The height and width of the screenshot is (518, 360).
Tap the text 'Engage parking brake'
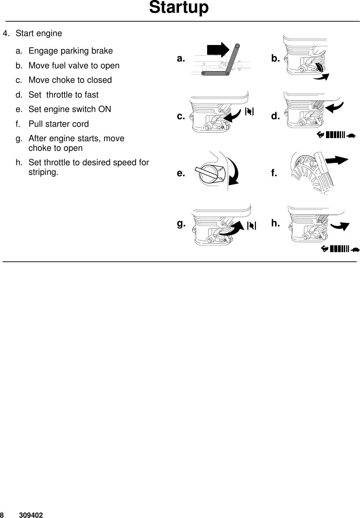click(x=70, y=51)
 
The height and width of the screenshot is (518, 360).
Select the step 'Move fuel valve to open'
click(x=74, y=66)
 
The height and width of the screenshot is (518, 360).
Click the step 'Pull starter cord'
click(x=58, y=124)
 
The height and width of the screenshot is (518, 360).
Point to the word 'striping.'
click(x=43, y=172)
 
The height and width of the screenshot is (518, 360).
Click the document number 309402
click(x=31, y=515)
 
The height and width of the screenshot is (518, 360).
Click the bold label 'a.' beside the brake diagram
click(x=181, y=59)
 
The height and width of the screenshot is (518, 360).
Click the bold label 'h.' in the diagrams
click(x=275, y=223)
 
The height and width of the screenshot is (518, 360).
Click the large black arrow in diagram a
click(x=218, y=49)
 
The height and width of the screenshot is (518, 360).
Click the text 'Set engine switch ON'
click(x=70, y=109)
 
